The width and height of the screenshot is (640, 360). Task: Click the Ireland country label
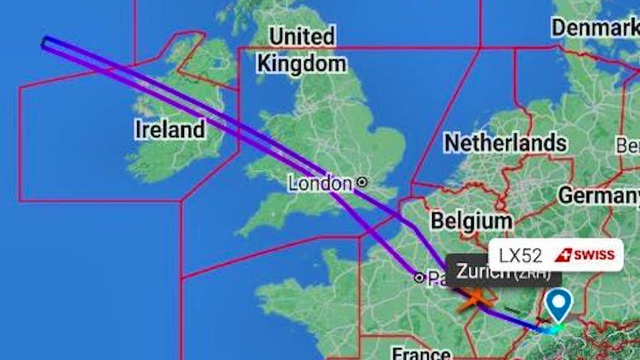pyautogui.click(x=170, y=129)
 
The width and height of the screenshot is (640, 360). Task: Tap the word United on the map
pyautogui.click(x=301, y=37)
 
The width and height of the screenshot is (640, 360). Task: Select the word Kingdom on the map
pyautogui.click(x=301, y=64)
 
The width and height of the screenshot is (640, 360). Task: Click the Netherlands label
pyautogui.click(x=505, y=142)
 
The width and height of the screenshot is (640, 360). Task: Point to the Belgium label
pyautogui.click(x=471, y=220)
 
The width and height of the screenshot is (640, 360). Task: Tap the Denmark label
pyautogui.click(x=594, y=27)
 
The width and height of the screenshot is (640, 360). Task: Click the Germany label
pyautogui.click(x=598, y=194)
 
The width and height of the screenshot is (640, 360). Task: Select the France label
pyautogui.click(x=422, y=353)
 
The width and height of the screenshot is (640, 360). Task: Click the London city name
pyautogui.click(x=320, y=184)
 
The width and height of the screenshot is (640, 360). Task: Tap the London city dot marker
pyautogui.click(x=362, y=182)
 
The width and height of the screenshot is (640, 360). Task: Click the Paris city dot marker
pyautogui.click(x=419, y=278)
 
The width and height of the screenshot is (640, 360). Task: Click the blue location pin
pyautogui.click(x=558, y=305)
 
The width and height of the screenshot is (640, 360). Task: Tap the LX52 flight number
pyautogui.click(x=520, y=255)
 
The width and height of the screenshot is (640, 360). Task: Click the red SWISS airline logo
pyautogui.click(x=585, y=255)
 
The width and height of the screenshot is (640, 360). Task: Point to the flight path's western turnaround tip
pyautogui.click(x=45, y=43)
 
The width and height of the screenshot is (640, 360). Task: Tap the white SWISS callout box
pyautogui.click(x=556, y=255)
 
